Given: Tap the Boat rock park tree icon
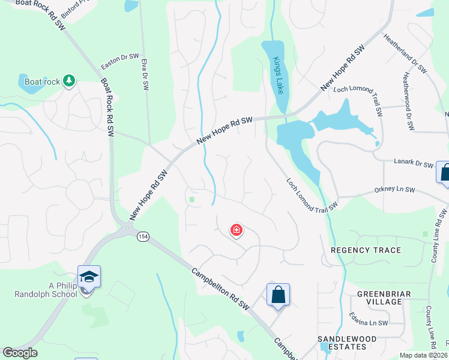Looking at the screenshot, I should click(69, 80).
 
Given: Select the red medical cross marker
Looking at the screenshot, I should click(237, 230).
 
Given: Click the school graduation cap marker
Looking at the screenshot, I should click(89, 277).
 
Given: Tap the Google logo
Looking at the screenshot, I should click(20, 353).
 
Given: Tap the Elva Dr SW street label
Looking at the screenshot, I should click(145, 74).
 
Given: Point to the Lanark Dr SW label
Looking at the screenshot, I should click(413, 164).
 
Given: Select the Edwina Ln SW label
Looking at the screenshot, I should click(372, 323).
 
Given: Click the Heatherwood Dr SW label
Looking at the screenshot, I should click(409, 102).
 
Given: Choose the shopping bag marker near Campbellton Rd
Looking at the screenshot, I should click(278, 295).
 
